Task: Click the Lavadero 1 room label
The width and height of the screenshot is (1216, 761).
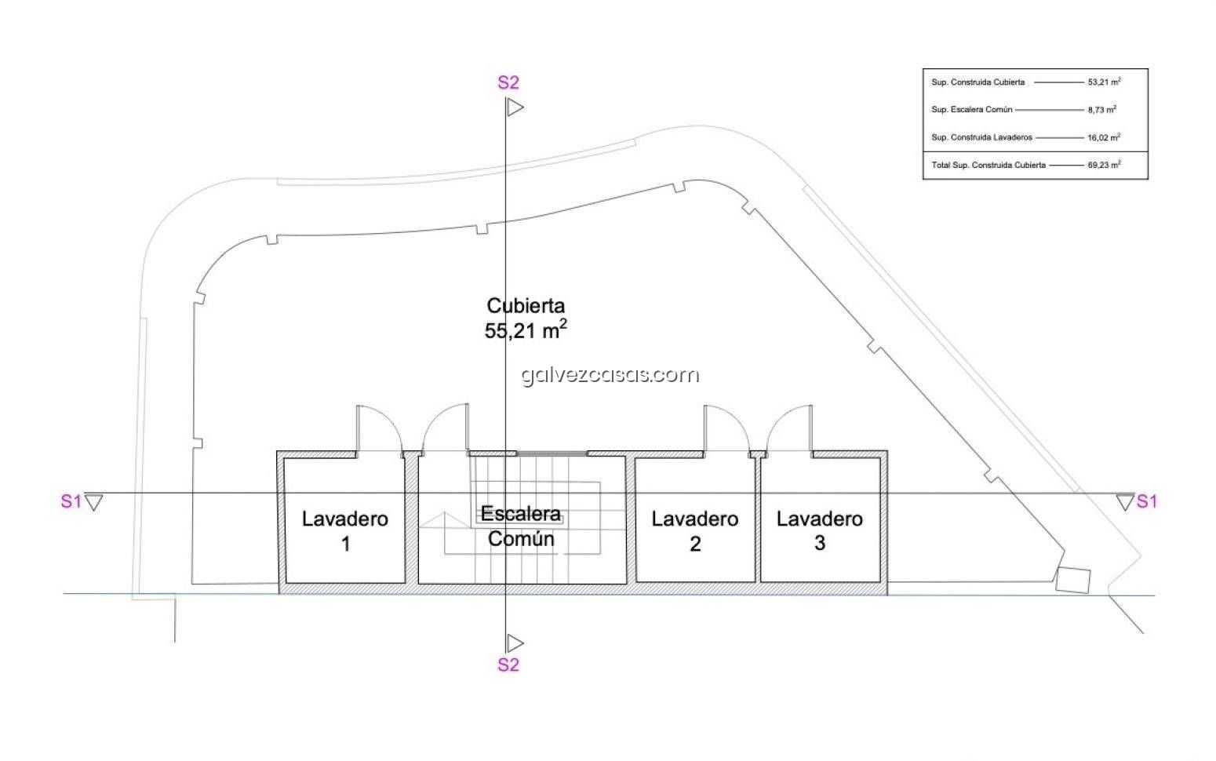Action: (345, 531)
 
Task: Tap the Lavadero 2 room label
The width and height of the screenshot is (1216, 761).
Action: (695, 531)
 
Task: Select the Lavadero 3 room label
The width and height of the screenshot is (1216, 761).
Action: (820, 531)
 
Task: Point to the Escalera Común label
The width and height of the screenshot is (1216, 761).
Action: (521, 526)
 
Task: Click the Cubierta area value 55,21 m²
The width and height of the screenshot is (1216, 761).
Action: (525, 330)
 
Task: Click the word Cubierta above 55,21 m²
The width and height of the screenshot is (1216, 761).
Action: (526, 305)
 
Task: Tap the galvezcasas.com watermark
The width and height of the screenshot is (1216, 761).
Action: (610, 374)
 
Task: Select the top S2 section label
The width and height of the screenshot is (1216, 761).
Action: (508, 82)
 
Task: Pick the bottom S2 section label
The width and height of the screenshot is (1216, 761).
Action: (508, 665)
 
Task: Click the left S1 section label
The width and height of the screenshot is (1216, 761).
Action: (71, 501)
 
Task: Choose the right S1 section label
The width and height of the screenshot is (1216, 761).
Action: (1147, 501)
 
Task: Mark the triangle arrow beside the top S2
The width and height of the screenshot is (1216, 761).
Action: (515, 107)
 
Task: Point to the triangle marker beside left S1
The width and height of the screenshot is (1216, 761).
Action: (94, 502)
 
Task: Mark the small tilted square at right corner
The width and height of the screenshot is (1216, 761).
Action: (1073, 580)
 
